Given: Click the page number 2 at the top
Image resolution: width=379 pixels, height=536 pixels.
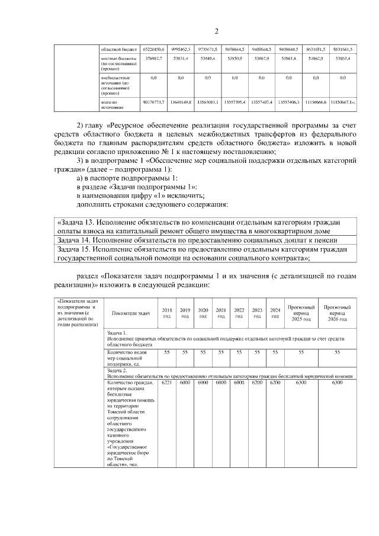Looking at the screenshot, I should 216,31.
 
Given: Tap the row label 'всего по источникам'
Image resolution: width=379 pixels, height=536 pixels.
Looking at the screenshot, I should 113,105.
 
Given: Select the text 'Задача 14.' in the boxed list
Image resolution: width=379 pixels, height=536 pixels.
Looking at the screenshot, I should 77,240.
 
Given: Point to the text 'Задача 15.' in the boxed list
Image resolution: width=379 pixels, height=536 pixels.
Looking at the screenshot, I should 77,249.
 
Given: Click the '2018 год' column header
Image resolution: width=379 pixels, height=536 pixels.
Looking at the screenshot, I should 167,313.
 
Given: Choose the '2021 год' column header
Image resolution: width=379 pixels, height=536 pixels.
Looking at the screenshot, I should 221,313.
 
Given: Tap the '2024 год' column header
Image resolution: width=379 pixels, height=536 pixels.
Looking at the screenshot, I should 275,313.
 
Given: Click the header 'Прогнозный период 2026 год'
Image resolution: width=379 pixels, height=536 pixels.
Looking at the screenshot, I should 337,313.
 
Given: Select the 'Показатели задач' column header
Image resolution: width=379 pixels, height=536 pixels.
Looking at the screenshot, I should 131,313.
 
